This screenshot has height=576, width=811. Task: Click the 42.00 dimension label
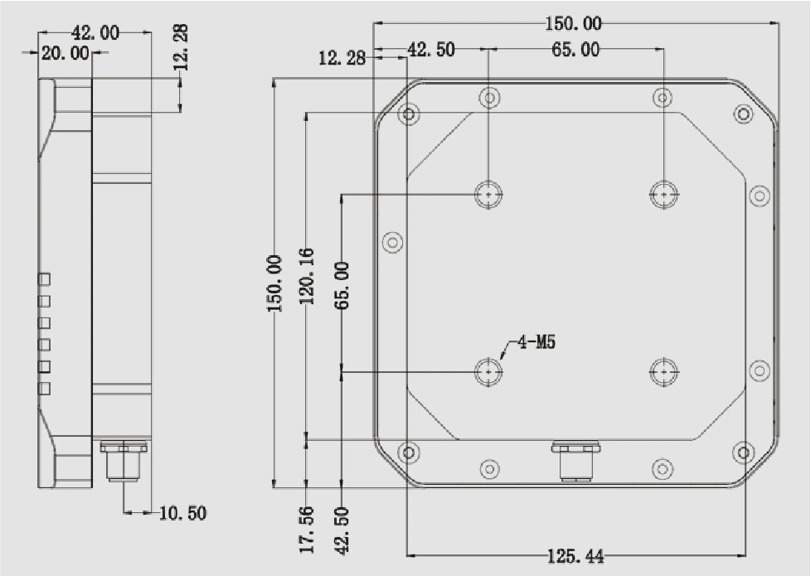(95, 33)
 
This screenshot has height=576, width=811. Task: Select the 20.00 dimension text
(66, 53)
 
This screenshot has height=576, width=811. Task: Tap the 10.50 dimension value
(182, 513)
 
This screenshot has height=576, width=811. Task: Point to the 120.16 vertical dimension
(307, 276)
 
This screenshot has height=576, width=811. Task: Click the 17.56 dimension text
(307, 530)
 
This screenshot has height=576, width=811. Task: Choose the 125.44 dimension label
(575, 556)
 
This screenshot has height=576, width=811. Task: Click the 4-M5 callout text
(537, 341)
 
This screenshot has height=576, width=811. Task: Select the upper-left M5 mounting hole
(488, 195)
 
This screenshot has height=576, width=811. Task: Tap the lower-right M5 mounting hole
(663, 371)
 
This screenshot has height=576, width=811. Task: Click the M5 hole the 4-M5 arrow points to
(488, 371)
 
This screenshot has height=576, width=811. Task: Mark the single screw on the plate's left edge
(392, 243)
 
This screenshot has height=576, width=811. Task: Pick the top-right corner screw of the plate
(743, 114)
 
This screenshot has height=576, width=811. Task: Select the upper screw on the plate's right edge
(759, 196)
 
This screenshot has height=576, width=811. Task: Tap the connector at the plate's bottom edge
(576, 460)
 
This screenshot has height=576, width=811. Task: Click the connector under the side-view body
(123, 460)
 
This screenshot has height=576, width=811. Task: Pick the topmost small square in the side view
(45, 279)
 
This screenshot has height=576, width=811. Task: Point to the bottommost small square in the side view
(45, 389)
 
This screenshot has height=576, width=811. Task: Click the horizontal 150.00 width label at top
(574, 23)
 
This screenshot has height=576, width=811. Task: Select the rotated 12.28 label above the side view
(181, 47)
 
